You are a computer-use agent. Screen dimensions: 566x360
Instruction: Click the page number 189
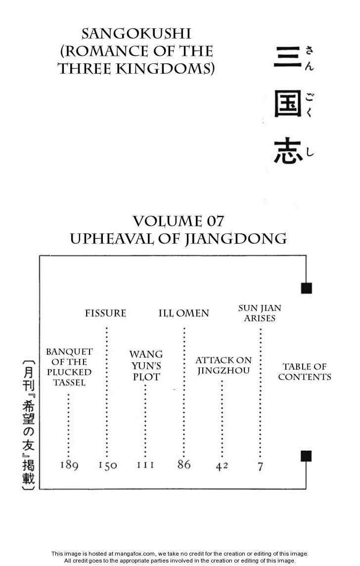[69, 465]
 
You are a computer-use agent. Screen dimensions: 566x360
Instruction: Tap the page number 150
[107, 465]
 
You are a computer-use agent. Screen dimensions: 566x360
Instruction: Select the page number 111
[145, 465]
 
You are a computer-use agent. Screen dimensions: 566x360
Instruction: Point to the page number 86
[183, 465]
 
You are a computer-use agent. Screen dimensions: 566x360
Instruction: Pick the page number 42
[222, 466]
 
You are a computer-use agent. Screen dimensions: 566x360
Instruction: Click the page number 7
[260, 466]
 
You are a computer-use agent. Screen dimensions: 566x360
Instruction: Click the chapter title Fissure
[105, 313]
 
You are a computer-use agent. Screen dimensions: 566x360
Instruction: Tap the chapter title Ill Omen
[183, 313]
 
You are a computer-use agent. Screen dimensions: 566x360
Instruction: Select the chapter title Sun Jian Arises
[260, 313]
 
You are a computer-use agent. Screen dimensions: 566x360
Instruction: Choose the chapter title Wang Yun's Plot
[146, 365]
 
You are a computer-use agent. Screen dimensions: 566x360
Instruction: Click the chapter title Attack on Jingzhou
[224, 365]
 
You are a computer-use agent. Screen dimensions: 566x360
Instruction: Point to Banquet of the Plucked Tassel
[69, 367]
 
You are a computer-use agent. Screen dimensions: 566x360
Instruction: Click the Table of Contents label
[304, 372]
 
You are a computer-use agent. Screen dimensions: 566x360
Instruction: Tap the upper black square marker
[306, 288]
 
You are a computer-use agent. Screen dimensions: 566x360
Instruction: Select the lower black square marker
[306, 456]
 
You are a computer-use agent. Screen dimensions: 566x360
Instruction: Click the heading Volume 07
[178, 220]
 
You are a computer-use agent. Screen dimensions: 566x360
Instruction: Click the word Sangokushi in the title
[136, 34]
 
